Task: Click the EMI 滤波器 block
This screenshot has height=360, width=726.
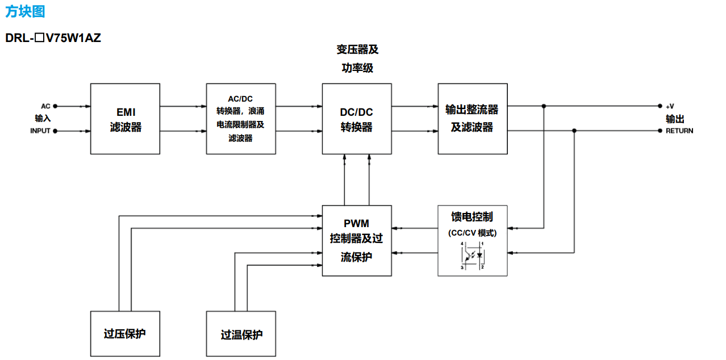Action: pyautogui.click(x=126, y=119)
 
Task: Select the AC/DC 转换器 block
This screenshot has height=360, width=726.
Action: pyautogui.click(x=241, y=119)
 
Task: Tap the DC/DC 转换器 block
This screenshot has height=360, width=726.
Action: pyautogui.click(x=357, y=119)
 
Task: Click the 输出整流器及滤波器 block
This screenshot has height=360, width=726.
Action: pyautogui.click(x=473, y=119)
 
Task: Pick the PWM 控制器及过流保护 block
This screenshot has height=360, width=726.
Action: pyautogui.click(x=357, y=240)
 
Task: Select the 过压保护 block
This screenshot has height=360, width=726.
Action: pyautogui.click(x=126, y=334)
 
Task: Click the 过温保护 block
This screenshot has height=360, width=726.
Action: pyautogui.click(x=241, y=334)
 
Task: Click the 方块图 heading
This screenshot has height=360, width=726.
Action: pyautogui.click(x=25, y=11)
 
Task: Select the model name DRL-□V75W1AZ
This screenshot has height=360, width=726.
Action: pyautogui.click(x=53, y=39)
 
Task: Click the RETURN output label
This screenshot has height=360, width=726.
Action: pyautogui.click(x=679, y=131)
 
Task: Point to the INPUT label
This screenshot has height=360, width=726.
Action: pyautogui.click(x=40, y=131)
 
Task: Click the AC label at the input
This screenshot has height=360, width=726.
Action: pyautogui.click(x=45, y=106)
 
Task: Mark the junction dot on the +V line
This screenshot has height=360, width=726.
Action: pyautogui.click(x=544, y=106)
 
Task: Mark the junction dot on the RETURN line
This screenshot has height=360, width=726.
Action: pyautogui.click(x=574, y=131)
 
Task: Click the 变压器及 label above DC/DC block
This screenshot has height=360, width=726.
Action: pyautogui.click(x=357, y=50)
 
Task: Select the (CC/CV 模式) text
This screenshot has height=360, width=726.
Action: pyautogui.click(x=472, y=233)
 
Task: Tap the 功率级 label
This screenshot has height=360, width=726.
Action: pyautogui.click(x=357, y=68)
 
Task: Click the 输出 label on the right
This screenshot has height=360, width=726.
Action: pyautogui.click(x=675, y=119)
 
